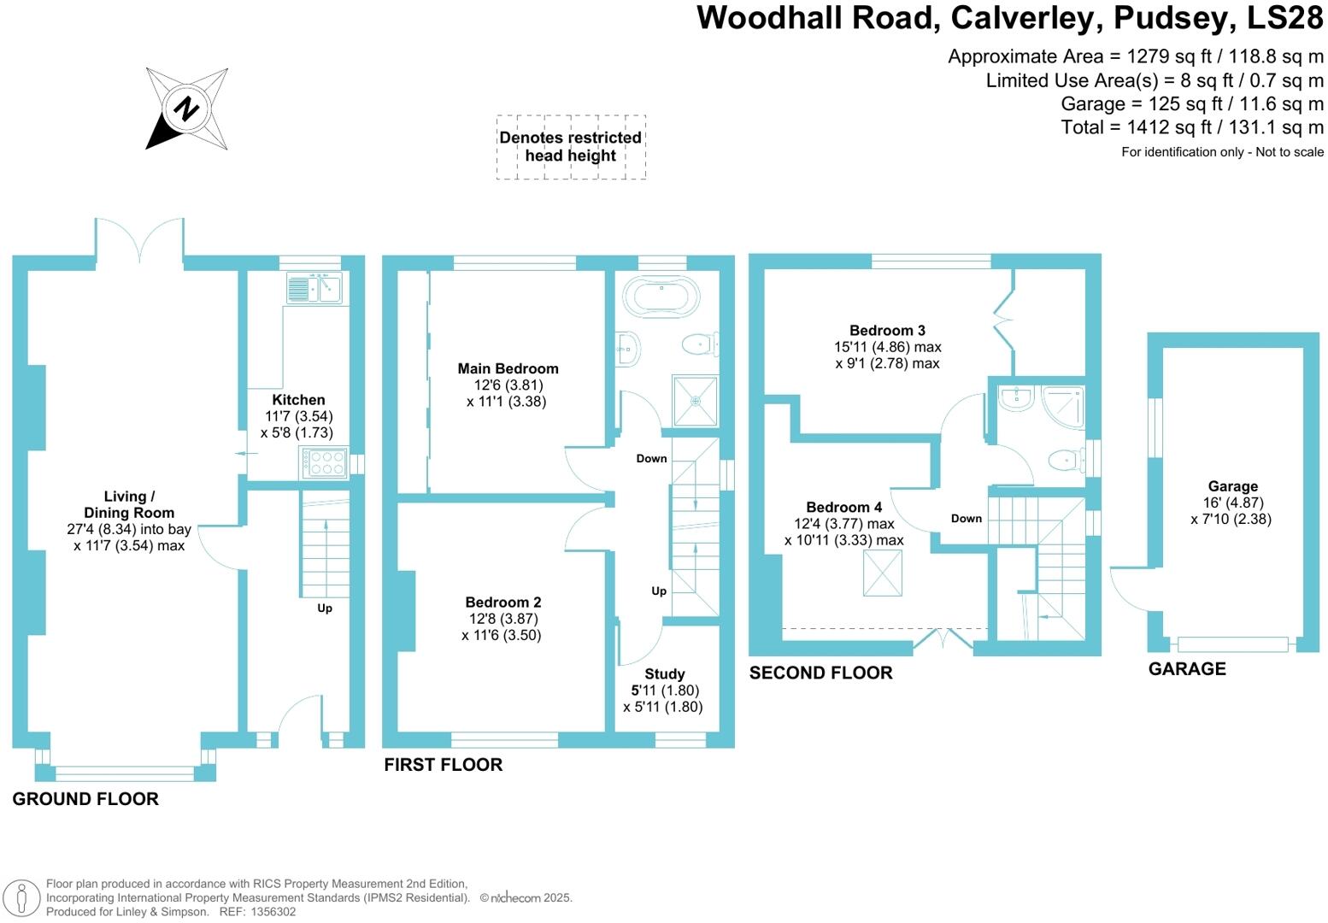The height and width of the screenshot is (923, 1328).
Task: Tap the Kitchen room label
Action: point(298,399)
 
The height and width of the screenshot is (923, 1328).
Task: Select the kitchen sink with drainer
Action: point(314,289)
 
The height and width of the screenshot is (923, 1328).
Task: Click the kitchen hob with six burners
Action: point(323,463)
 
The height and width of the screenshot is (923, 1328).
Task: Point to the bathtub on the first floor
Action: point(661,297)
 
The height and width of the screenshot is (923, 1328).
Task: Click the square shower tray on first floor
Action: point(696,400)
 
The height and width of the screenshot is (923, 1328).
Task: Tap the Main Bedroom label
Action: point(508,368)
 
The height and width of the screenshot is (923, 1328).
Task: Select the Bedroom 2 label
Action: point(503,602)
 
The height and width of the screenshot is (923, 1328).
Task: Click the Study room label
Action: point(664,673)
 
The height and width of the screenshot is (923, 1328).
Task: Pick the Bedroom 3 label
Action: point(887,330)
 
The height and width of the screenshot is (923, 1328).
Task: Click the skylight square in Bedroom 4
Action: point(883,573)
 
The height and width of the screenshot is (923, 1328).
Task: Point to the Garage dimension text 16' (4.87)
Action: point(1232,503)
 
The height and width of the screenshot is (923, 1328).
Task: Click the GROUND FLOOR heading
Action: point(85,799)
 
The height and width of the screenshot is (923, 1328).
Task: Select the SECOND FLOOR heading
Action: point(820,673)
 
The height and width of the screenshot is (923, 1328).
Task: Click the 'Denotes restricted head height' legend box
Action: point(571,147)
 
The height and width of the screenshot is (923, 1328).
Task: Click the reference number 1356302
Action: point(270,912)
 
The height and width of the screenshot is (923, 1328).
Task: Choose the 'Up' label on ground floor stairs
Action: point(325,608)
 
